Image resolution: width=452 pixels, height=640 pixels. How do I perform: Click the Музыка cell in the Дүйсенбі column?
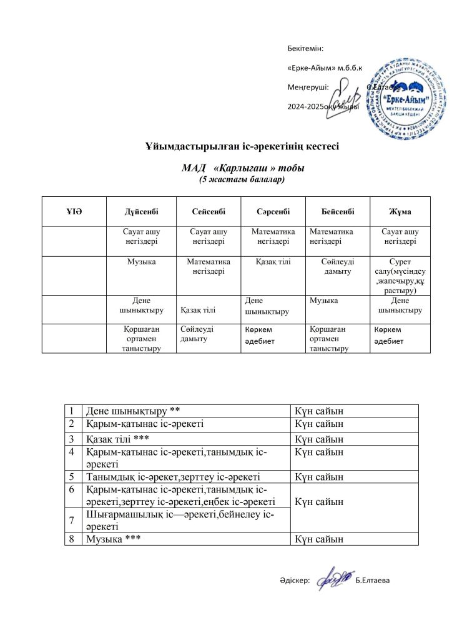[141, 262]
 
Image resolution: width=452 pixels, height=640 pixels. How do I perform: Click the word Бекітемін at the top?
[305, 48]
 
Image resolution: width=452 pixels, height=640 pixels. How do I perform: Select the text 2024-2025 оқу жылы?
[323, 106]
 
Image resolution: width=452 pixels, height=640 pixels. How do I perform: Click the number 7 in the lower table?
[72, 520]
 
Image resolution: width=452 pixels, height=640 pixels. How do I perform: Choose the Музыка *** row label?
[113, 539]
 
